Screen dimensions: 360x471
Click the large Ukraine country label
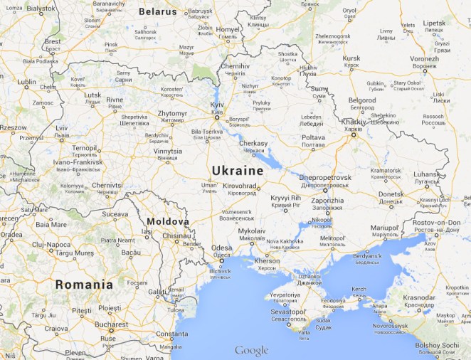[x=238, y=171]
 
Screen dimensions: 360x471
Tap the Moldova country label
[x=168, y=222]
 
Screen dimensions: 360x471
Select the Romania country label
[x=85, y=285]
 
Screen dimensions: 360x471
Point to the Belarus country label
[x=157, y=12]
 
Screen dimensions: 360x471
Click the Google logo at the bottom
[x=252, y=350]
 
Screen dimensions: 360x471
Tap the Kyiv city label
[x=217, y=105]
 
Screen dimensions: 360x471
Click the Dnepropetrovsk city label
[x=324, y=176]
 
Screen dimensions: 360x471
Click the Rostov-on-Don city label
[x=436, y=223]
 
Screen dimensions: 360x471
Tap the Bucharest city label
[x=111, y=324]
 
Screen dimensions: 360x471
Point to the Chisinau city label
[x=177, y=235]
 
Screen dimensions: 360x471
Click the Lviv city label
[x=62, y=129]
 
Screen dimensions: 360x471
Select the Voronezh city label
[x=424, y=59]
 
